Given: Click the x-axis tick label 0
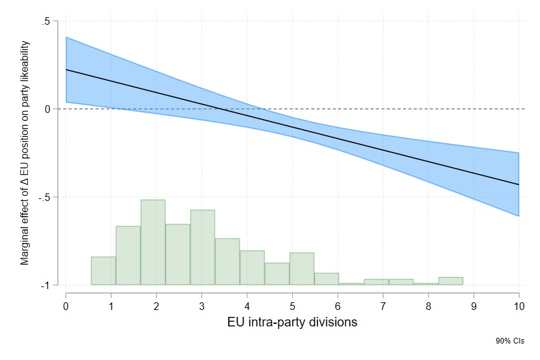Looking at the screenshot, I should (x=66, y=306).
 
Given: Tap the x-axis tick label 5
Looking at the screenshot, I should (x=292, y=306).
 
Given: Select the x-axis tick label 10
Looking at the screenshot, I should (x=518, y=306).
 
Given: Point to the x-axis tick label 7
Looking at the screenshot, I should (x=383, y=306).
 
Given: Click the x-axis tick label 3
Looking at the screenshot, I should (x=202, y=306).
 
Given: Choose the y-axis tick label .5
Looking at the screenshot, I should (x=46, y=21).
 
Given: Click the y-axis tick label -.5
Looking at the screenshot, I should (x=44, y=197).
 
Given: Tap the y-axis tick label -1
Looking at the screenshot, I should (x=46, y=285).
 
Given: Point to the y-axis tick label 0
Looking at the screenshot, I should (x=48, y=109).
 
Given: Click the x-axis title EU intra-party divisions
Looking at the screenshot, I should (x=292, y=322).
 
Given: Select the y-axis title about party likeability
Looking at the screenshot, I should (x=25, y=152).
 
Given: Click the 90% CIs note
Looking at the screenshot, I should (x=510, y=341).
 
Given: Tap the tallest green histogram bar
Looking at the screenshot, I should (x=153, y=242).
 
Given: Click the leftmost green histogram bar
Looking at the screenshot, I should (x=103, y=271).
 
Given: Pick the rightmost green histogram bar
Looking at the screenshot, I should (x=450, y=281).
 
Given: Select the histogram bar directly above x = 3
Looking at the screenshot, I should (x=202, y=247).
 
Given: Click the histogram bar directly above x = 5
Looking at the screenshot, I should (x=302, y=269).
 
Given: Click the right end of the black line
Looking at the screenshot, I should (x=518, y=184).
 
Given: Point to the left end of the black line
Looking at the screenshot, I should (x=66, y=70).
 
